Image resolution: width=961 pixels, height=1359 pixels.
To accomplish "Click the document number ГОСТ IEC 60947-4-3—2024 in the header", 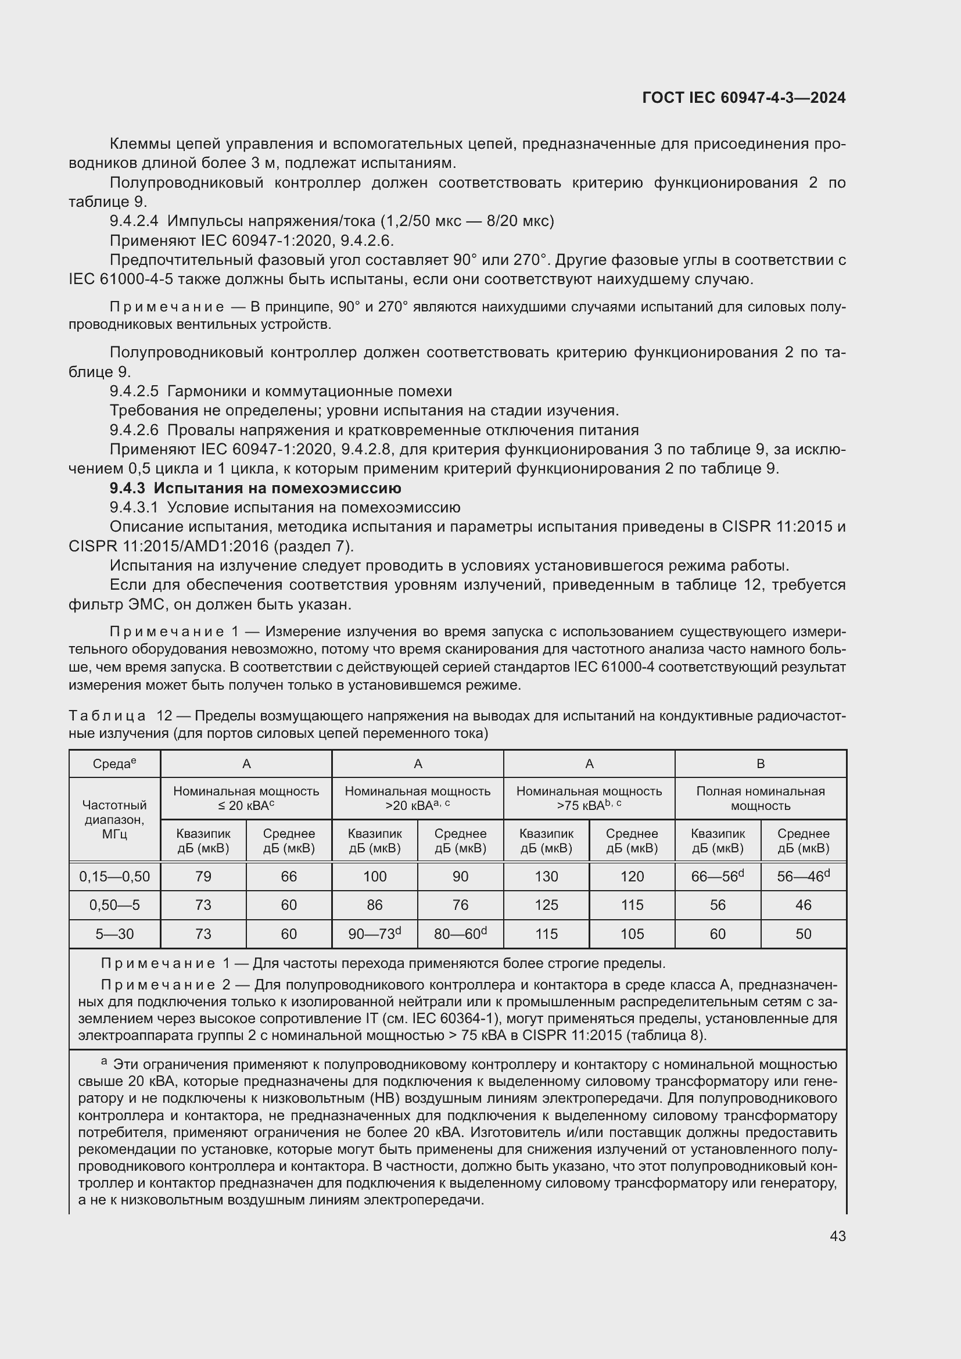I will pos(744,98).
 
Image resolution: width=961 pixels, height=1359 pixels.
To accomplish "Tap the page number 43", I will pos(837,1236).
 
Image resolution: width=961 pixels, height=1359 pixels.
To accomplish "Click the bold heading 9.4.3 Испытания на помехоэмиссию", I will pos(255,488).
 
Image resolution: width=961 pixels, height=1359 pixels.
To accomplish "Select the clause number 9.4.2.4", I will pos(134,221).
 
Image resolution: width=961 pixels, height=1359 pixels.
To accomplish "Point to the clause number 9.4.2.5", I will pos(134,391).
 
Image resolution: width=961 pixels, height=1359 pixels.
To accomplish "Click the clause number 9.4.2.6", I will pos(134,431).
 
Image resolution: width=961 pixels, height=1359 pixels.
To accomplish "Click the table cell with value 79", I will pos(203,877).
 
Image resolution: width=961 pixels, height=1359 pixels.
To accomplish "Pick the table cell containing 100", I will pos(375,877).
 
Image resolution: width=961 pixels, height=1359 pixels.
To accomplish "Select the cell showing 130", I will pos(546,877).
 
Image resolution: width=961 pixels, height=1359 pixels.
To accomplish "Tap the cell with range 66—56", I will pos(717,877).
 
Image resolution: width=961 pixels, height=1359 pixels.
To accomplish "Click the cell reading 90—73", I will pos(375,934).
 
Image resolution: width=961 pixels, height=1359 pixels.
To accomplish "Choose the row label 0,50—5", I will pos(114,905).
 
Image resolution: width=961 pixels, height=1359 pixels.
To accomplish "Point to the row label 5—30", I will pos(114,934).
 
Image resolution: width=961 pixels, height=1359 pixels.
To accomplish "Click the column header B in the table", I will pos(761,764).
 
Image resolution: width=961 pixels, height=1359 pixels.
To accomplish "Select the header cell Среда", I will pos(114,764).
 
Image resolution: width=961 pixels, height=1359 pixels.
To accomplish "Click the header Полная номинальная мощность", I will pos(761,798).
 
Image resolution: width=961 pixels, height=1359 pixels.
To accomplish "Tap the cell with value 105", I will pos(632,934).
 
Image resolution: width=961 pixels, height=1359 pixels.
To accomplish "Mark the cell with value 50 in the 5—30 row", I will pos(803,934).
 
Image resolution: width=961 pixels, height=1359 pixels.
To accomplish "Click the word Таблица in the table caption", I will pos(107,716).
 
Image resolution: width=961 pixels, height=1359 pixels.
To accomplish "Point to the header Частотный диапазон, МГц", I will pos(114,819).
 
